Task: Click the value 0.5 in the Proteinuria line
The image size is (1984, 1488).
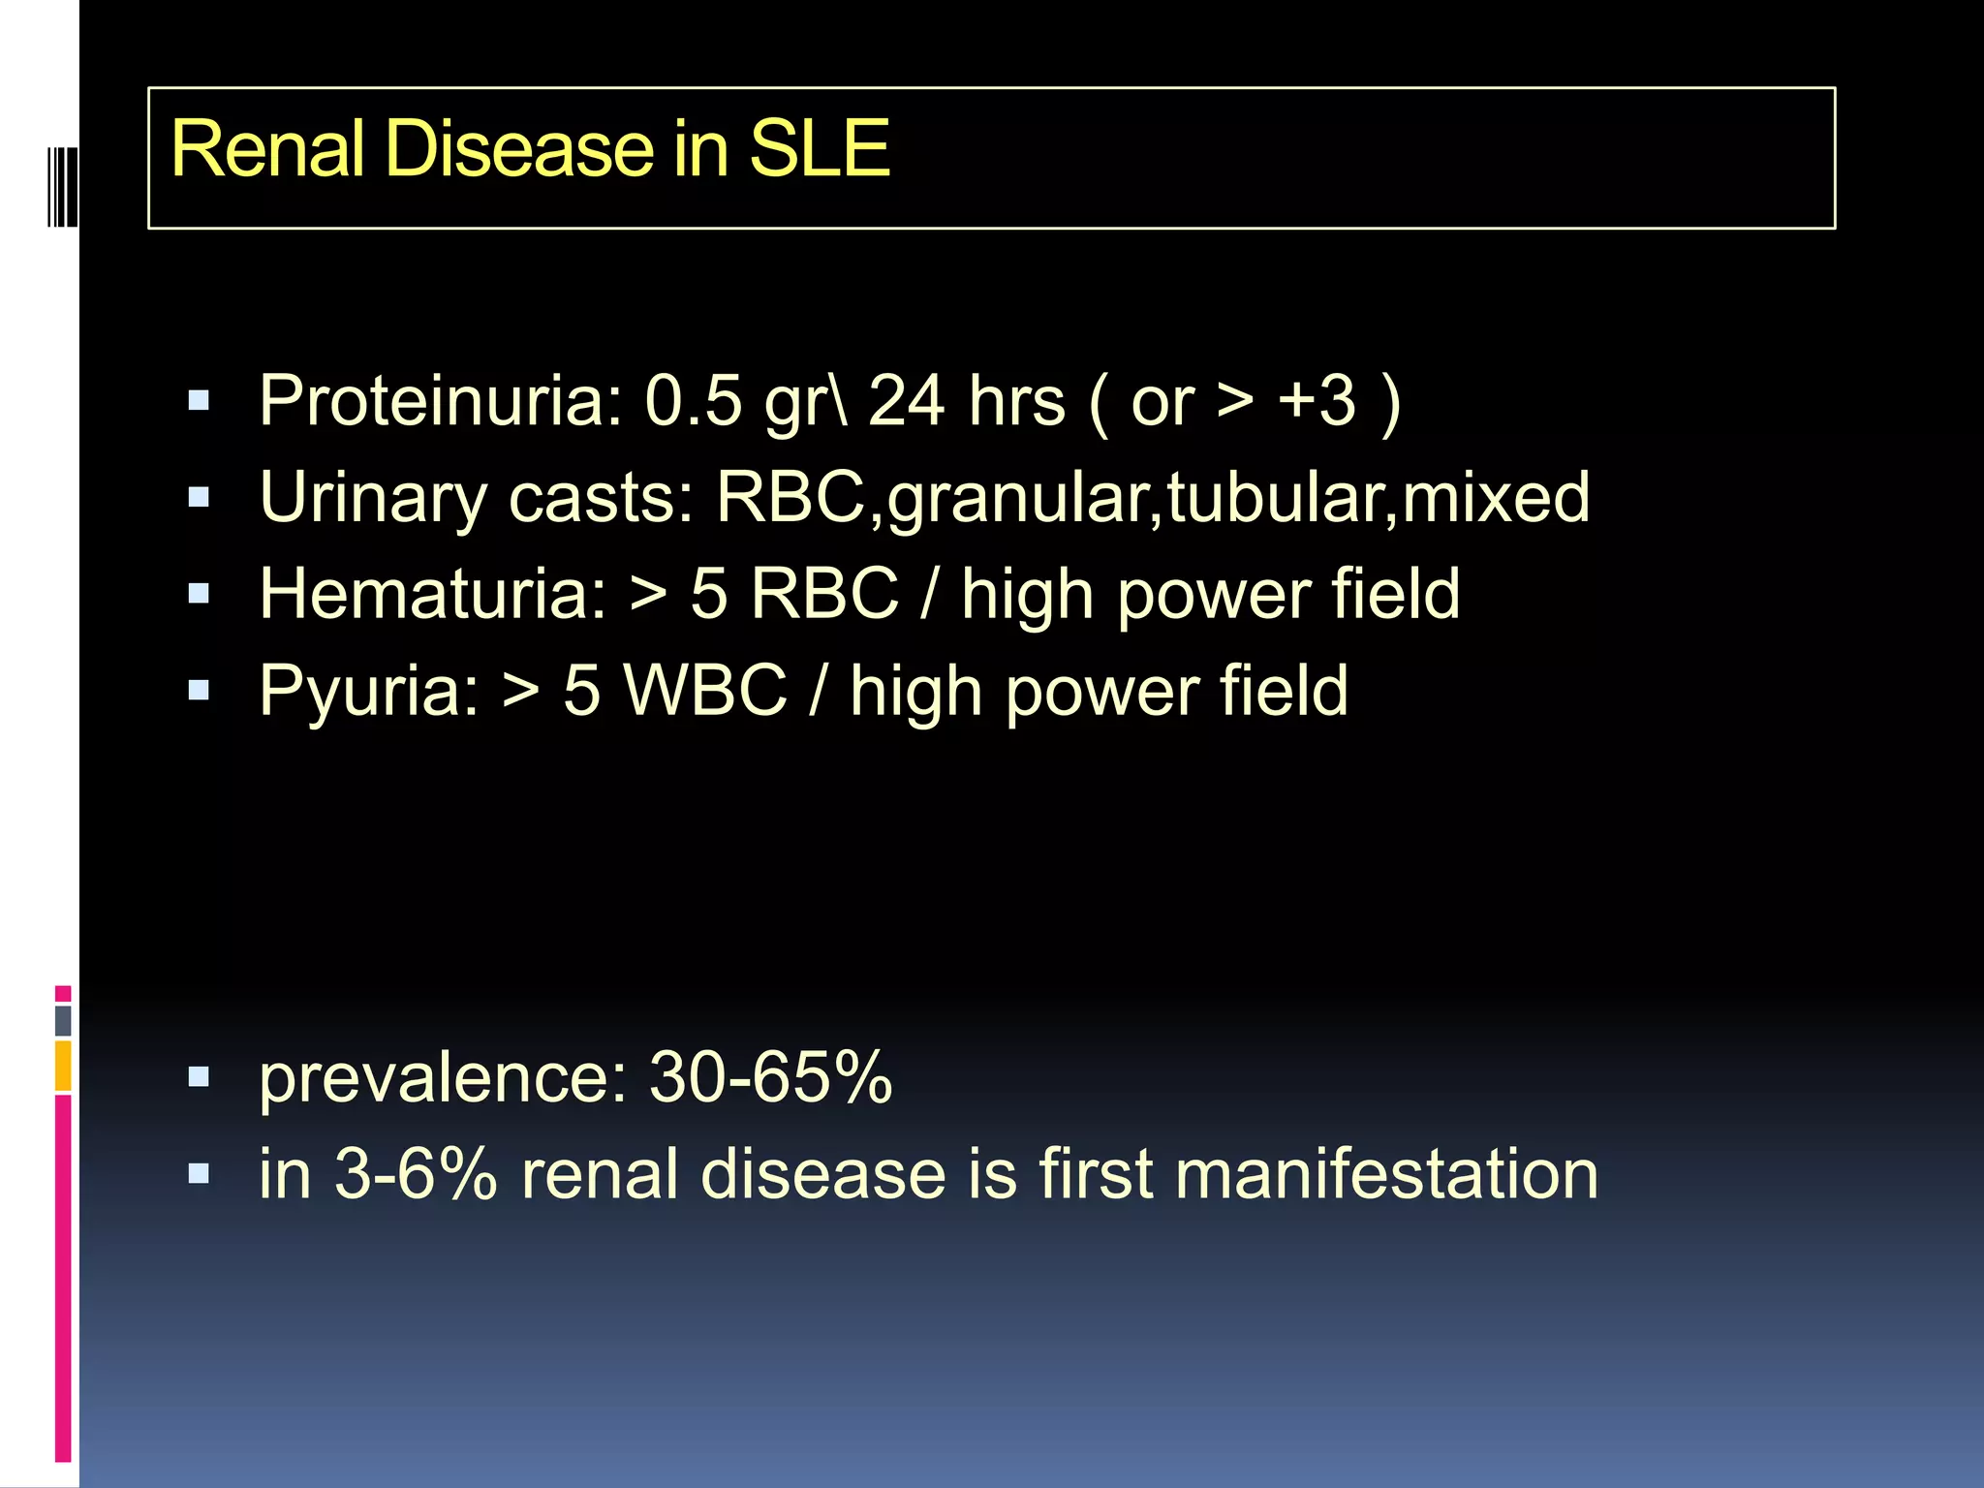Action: [694, 401]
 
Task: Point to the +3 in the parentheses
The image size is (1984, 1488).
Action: [1317, 401]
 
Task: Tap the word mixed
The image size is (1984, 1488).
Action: [1496, 498]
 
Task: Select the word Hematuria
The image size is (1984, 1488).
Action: [432, 595]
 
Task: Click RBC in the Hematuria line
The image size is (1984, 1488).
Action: [824, 595]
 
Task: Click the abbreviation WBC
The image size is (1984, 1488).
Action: [705, 692]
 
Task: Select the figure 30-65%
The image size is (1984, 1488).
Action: [770, 1077]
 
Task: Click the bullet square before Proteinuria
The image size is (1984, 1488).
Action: [200, 401]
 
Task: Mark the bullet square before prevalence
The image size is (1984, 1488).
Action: [200, 1077]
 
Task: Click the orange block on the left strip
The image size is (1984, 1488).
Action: [63, 1065]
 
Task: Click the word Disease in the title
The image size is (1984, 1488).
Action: [523, 150]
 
